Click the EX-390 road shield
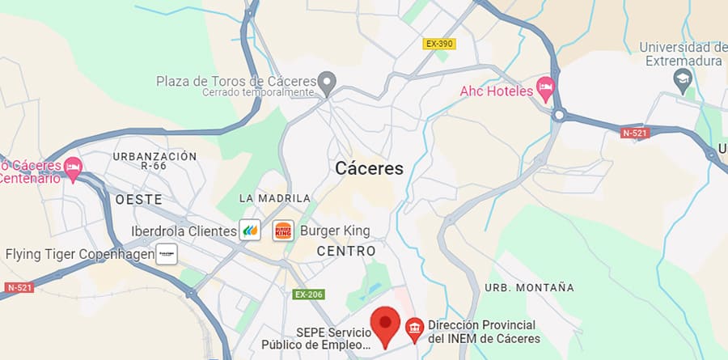(x=438, y=44)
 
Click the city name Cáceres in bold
(x=369, y=168)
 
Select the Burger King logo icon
(x=282, y=231)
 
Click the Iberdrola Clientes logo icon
(x=250, y=231)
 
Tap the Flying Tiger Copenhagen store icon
(x=167, y=254)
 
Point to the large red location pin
(x=386, y=326)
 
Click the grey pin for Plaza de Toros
(x=327, y=82)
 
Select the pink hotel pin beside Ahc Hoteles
(x=547, y=87)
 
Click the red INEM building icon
(x=414, y=327)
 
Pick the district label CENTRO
(x=346, y=252)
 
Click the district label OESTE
(x=138, y=199)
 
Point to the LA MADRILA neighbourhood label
(x=275, y=198)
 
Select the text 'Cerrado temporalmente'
(x=258, y=92)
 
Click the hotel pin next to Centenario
(x=73, y=167)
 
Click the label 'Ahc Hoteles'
(x=496, y=91)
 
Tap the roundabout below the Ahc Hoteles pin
(x=558, y=116)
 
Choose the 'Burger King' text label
(x=335, y=231)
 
